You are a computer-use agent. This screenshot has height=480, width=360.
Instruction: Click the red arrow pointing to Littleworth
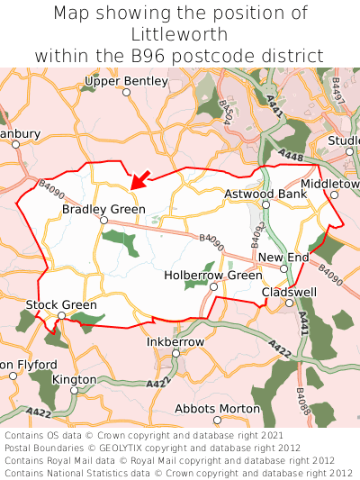pyautogui.click(x=140, y=177)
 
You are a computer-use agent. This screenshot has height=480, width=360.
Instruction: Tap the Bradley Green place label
pyautogui.click(x=103, y=209)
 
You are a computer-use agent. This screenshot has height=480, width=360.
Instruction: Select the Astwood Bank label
pyautogui.click(x=265, y=194)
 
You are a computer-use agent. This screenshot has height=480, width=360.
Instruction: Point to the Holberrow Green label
pyautogui.click(x=213, y=275)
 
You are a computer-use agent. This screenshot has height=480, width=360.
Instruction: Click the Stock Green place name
pyautogui.click(x=61, y=305)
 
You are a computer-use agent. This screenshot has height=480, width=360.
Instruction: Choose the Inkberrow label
pyautogui.click(x=175, y=342)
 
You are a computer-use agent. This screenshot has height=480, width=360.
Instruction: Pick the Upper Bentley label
pyautogui.click(x=126, y=81)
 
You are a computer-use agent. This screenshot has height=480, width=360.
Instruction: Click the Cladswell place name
pyautogui.click(x=289, y=292)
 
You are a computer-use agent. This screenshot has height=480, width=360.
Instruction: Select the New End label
pyautogui.click(x=283, y=258)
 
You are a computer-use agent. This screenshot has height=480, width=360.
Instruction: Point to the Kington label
pyautogui.click(x=74, y=379)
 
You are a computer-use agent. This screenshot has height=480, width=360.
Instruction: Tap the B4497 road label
pyautogui.click(x=337, y=90)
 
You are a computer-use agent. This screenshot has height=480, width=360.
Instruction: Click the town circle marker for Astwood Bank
pyautogui.click(x=265, y=205)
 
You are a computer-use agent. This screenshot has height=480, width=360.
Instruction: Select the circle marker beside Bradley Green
pyautogui.click(x=103, y=221)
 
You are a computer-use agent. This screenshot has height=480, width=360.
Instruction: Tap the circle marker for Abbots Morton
pyautogui.click(x=217, y=420)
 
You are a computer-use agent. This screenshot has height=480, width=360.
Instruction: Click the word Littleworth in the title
pyautogui.click(x=180, y=34)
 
